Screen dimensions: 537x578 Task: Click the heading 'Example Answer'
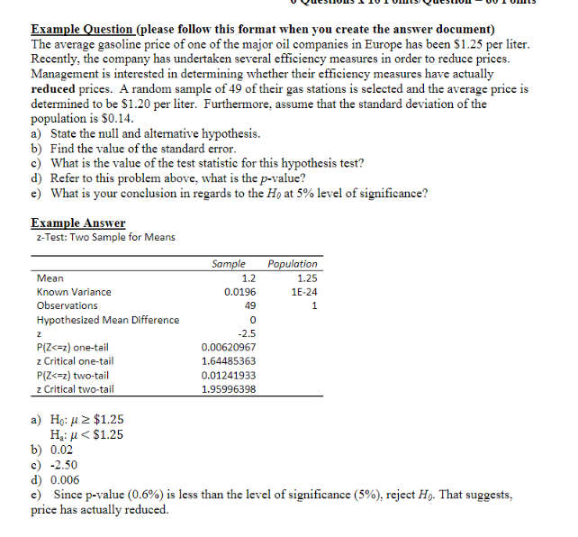[x=77, y=223]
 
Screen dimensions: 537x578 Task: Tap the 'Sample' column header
[x=228, y=264]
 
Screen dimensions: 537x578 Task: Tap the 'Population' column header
[x=293, y=264]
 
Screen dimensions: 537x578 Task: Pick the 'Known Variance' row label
[x=74, y=292]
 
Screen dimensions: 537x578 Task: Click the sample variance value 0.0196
[x=239, y=292]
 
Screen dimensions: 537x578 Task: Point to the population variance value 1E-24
[x=304, y=292]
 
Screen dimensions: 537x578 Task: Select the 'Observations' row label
[x=68, y=305]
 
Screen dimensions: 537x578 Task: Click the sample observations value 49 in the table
[x=249, y=305]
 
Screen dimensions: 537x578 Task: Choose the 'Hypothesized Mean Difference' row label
[x=107, y=320]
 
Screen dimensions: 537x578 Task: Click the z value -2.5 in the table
[x=247, y=333]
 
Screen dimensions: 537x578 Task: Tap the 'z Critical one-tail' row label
[x=75, y=361]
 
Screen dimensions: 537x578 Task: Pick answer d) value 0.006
[x=67, y=480]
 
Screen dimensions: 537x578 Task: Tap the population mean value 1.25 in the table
[x=306, y=278]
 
